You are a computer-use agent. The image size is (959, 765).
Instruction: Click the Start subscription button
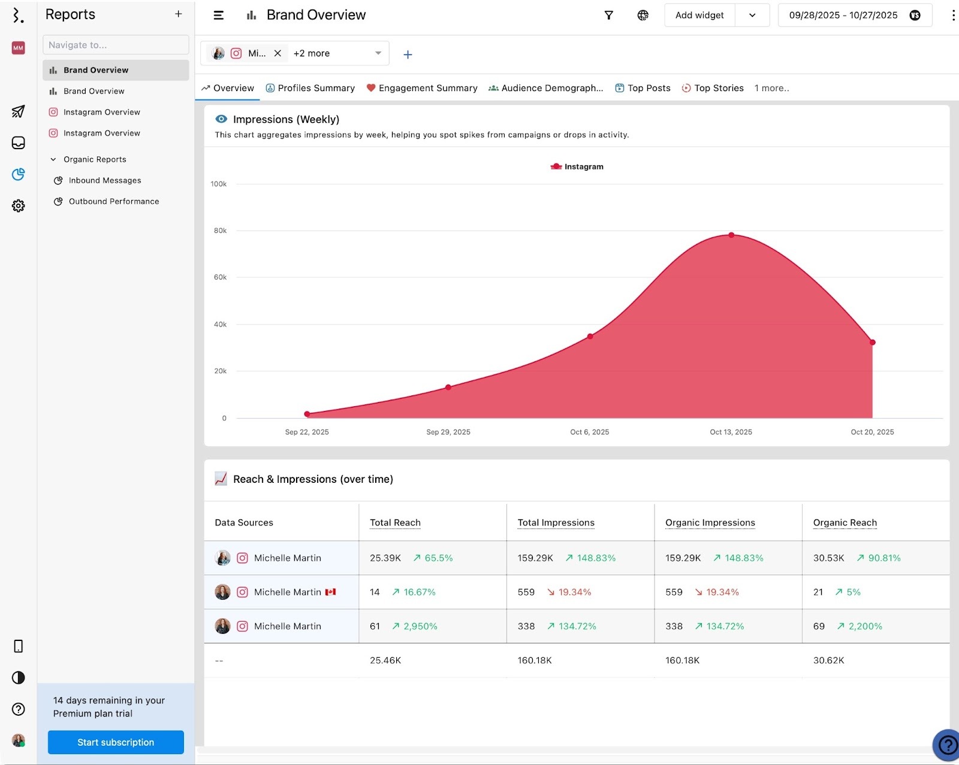116,742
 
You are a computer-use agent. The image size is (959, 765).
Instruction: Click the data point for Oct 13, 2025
731,235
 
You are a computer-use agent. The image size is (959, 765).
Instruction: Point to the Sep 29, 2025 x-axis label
448,432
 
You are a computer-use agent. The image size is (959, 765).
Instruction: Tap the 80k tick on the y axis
220,231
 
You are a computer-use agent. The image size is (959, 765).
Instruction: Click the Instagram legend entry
577,167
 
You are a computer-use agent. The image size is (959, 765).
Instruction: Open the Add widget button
699,15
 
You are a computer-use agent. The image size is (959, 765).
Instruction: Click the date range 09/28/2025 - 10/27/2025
843,15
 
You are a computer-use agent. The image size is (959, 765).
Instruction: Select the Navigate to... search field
116,45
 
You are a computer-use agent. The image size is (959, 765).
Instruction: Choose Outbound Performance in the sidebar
113,201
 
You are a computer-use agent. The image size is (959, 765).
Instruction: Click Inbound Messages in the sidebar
105,180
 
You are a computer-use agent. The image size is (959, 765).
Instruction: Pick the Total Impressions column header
556,522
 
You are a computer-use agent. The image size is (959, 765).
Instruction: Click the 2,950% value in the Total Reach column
420,626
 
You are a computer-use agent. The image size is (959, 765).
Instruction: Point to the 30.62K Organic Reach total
828,660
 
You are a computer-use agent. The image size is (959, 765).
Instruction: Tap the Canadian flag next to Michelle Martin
330,592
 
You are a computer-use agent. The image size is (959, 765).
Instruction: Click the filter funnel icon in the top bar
608,15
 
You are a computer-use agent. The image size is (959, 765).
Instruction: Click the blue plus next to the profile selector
408,55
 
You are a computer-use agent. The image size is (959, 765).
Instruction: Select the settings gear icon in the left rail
19,206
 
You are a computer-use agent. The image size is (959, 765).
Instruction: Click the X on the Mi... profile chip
278,53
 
